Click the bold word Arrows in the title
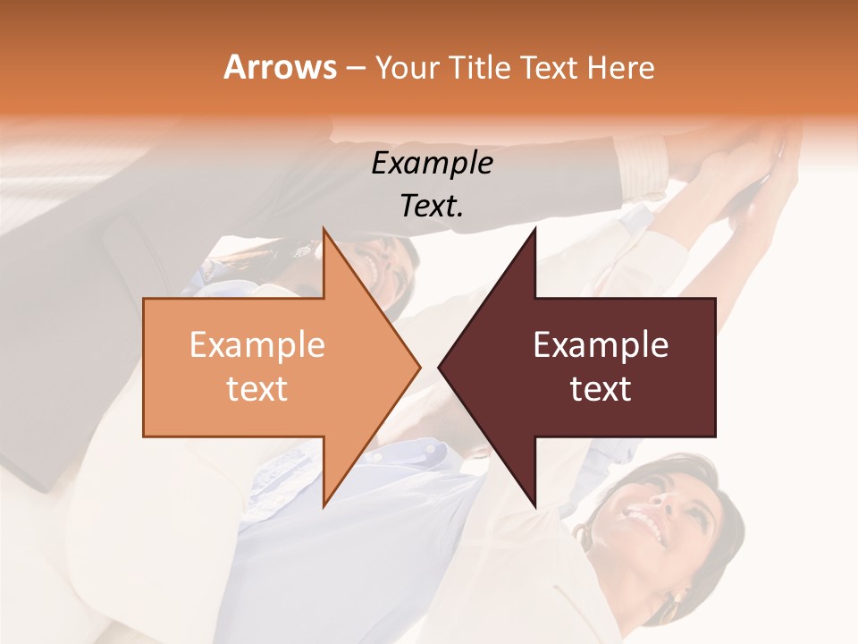click(x=280, y=67)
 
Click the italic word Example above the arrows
click(x=432, y=163)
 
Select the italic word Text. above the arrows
click(x=432, y=206)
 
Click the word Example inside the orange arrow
click(x=257, y=344)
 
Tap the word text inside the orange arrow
click(x=257, y=388)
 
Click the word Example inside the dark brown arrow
click(x=601, y=344)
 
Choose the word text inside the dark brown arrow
click(x=601, y=388)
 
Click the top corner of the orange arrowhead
click(x=324, y=229)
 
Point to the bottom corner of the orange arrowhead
click(x=324, y=505)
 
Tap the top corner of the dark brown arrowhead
click(x=534, y=229)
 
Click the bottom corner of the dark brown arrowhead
click(x=534, y=505)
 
